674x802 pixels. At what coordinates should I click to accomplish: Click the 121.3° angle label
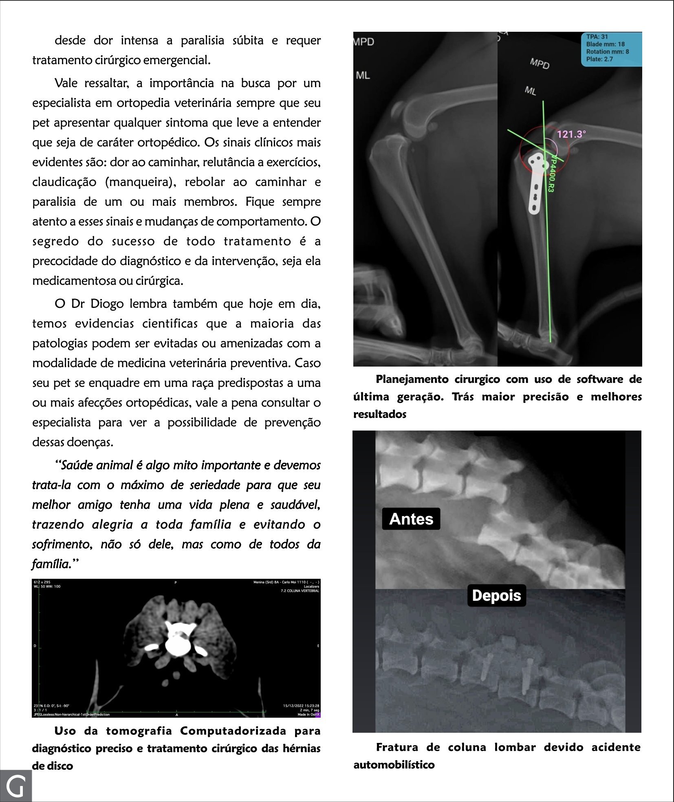click(571, 134)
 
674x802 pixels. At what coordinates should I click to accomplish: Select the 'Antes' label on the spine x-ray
click(411, 519)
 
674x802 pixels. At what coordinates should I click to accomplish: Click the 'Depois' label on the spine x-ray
click(496, 595)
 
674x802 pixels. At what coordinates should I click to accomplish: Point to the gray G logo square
click(16, 786)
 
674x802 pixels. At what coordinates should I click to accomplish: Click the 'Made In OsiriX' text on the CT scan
click(308, 714)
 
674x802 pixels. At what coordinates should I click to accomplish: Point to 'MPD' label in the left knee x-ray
click(363, 42)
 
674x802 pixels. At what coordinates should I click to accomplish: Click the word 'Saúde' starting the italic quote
click(76, 465)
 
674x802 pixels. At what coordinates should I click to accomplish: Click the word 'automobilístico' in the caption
click(394, 765)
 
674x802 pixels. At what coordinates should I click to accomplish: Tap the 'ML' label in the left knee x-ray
click(363, 75)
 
